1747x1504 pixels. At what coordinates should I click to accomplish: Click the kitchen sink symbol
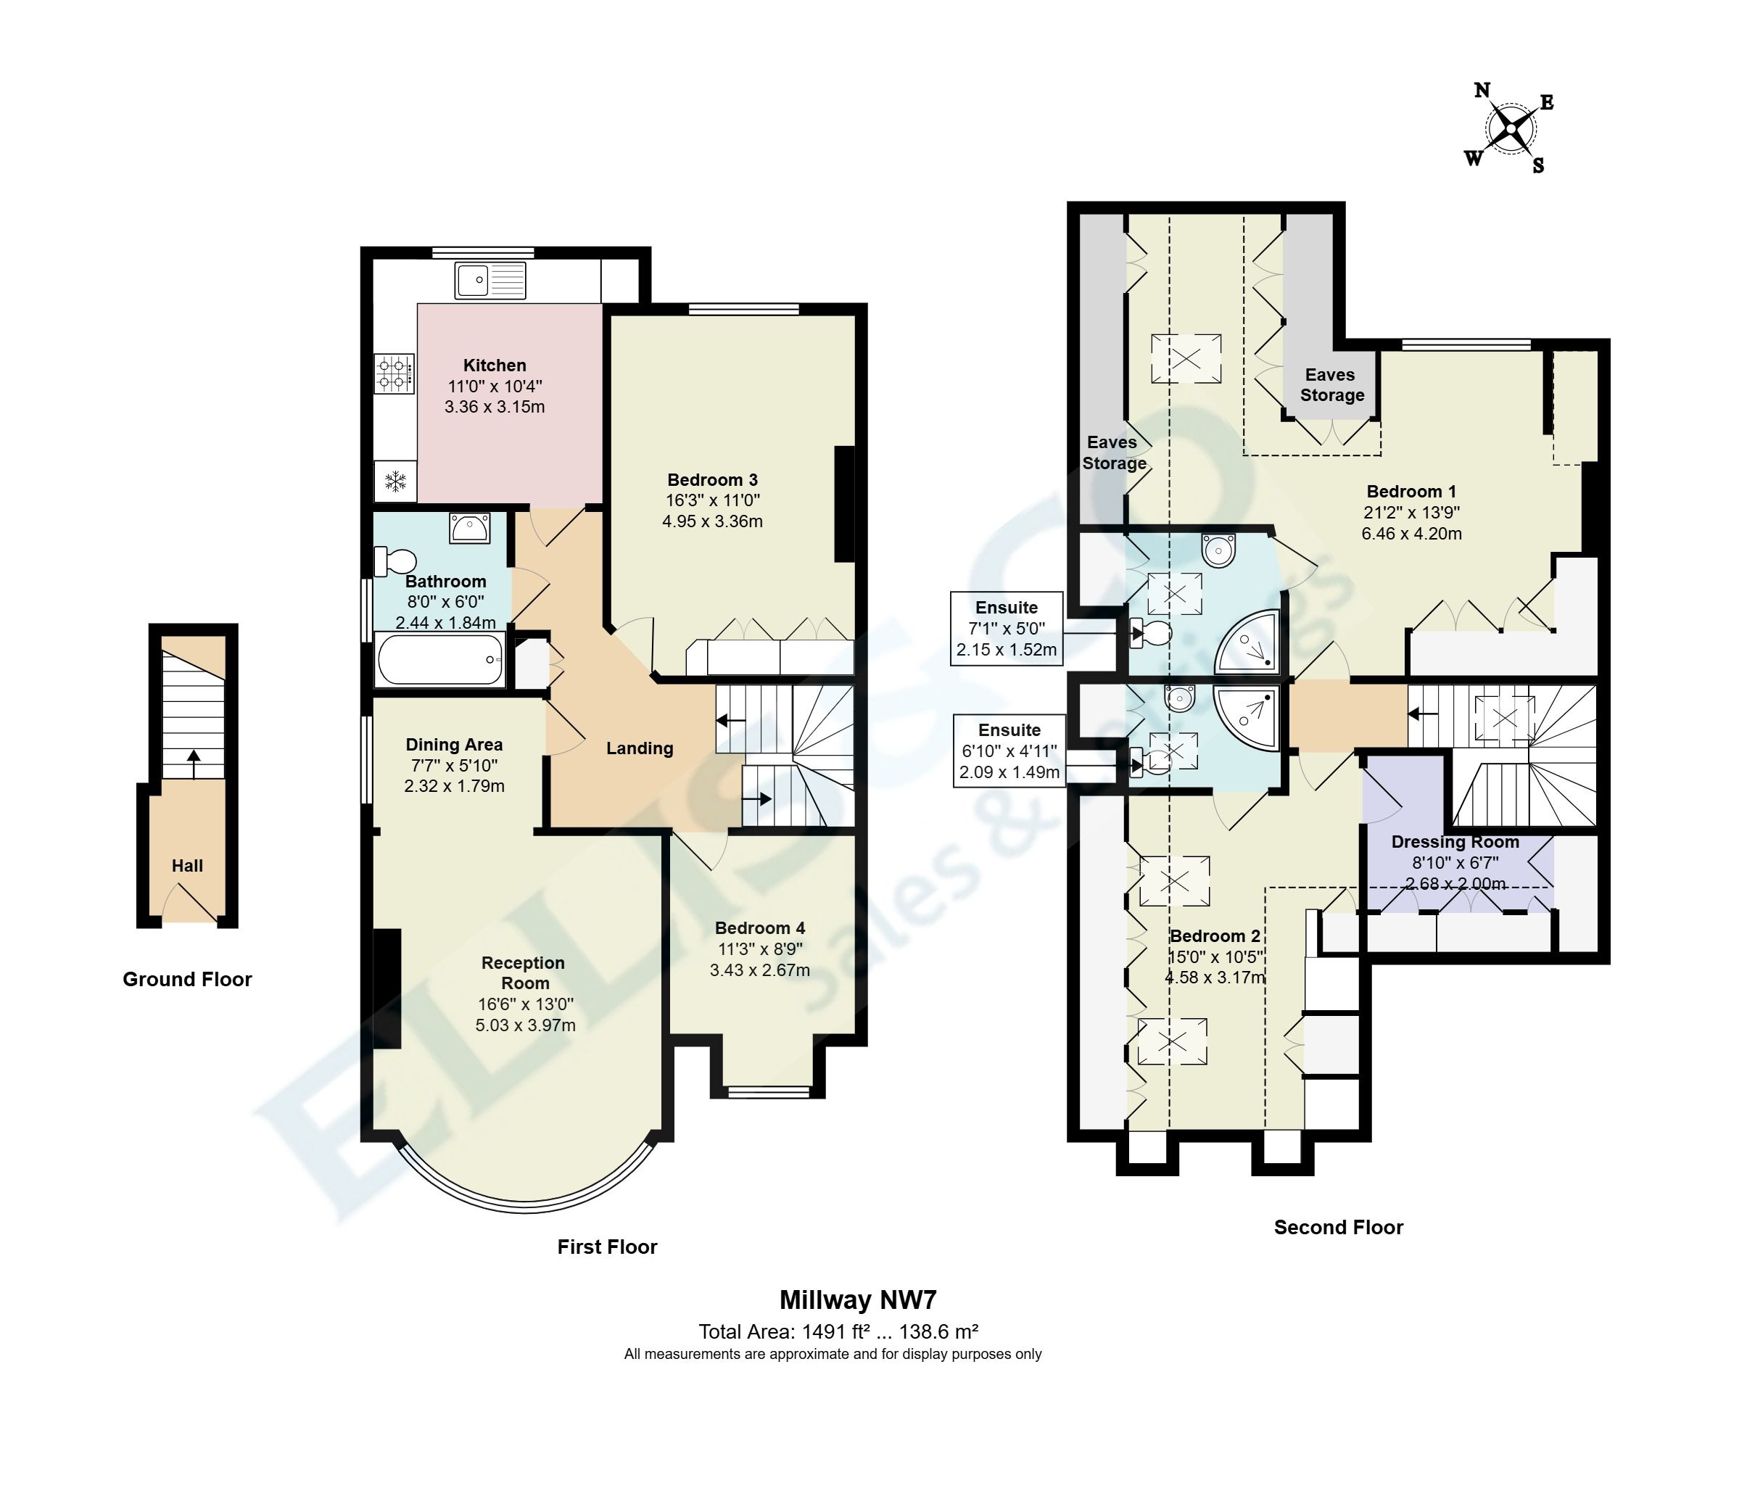point(490,280)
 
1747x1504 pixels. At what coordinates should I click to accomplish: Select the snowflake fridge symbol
point(395,482)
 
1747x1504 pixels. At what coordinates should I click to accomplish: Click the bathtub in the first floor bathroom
point(440,659)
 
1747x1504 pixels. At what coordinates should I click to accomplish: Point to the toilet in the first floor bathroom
point(395,561)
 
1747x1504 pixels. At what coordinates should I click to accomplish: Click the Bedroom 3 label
point(712,479)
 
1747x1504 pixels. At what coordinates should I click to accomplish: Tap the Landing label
point(639,748)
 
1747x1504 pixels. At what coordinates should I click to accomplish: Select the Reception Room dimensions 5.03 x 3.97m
point(525,1025)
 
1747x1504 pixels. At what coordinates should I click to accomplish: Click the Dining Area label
point(454,745)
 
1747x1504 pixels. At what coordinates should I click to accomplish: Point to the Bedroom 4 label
point(760,927)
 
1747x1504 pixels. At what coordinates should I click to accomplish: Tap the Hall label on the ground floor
point(187,866)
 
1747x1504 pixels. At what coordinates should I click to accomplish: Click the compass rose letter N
point(1482,90)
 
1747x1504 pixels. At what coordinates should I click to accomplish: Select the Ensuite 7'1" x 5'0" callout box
point(1006,629)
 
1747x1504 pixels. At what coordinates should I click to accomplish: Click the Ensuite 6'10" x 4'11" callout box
point(1009,751)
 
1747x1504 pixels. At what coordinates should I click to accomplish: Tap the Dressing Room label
point(1455,841)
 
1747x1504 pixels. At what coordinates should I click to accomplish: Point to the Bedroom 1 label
point(1411,492)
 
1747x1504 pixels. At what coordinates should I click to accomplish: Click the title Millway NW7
point(857,1300)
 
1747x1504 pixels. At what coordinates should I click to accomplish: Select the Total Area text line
point(838,1332)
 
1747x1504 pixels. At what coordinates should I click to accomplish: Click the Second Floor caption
point(1338,1228)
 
